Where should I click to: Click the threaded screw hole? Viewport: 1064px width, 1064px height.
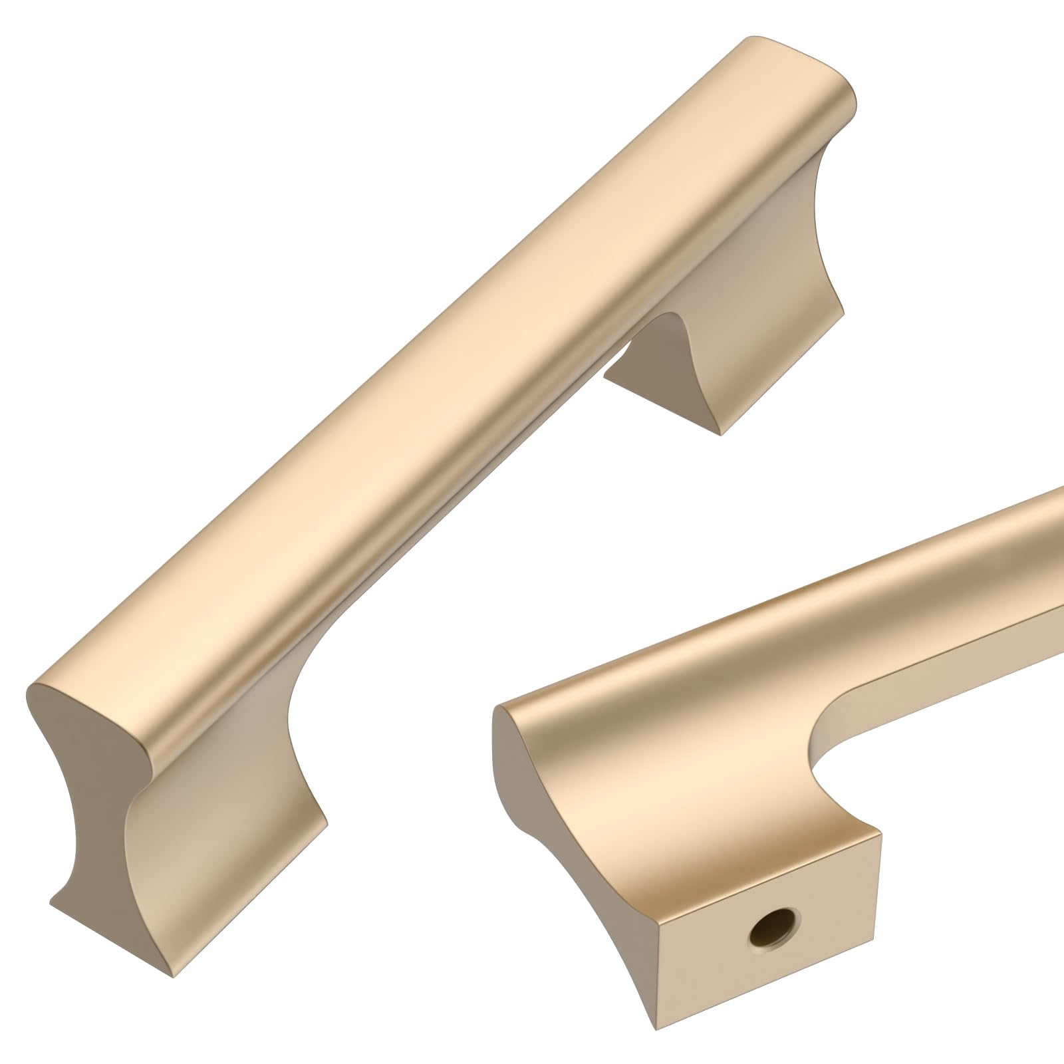coord(773,929)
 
